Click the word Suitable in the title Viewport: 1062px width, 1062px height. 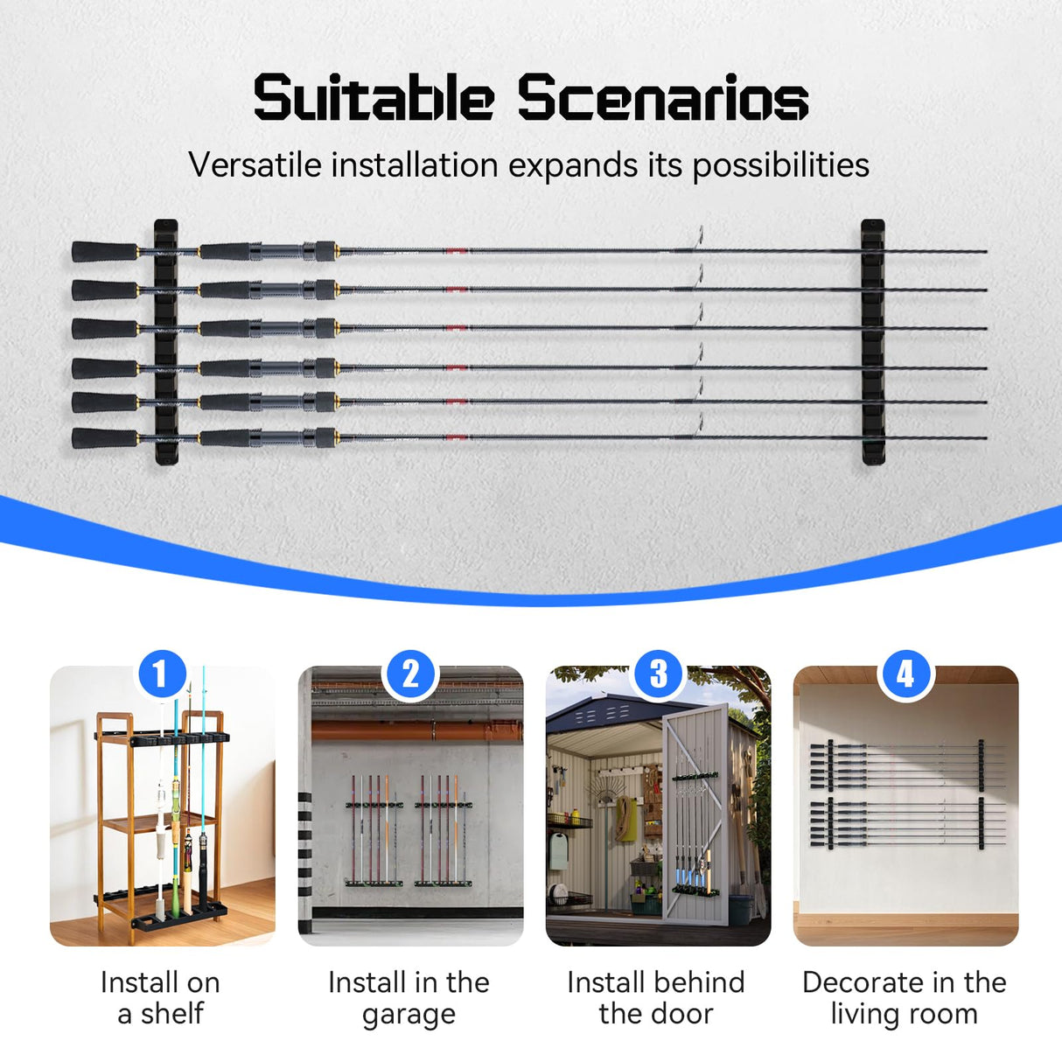click(x=374, y=98)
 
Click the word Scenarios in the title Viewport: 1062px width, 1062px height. click(x=662, y=98)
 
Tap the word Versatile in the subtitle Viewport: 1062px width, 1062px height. click(x=255, y=164)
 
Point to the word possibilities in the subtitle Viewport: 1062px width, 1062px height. click(x=780, y=165)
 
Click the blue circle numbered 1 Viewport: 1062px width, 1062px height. click(x=161, y=674)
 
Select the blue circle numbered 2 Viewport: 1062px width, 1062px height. click(x=410, y=674)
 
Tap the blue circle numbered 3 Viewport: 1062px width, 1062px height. click(x=658, y=674)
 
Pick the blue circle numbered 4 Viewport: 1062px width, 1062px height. click(x=905, y=674)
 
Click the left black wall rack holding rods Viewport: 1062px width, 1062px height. click(x=166, y=341)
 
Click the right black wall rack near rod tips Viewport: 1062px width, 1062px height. click(x=873, y=341)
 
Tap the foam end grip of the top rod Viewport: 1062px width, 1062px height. click(x=103, y=251)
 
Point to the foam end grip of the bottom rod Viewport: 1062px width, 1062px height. click(x=103, y=437)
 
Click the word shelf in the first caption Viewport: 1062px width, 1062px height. click(x=172, y=1014)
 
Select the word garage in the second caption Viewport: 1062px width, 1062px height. click(x=409, y=1015)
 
